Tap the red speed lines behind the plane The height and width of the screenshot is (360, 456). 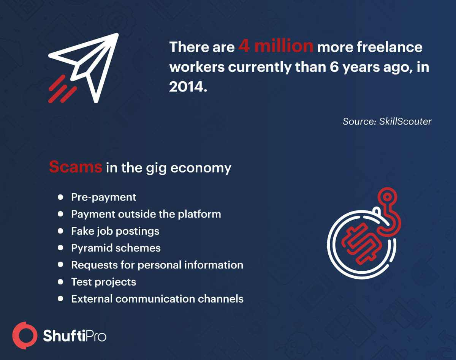click(62, 89)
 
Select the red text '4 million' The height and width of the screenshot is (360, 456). click(275, 46)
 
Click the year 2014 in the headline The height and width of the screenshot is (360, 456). click(187, 87)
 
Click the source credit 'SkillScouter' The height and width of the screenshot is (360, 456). click(405, 122)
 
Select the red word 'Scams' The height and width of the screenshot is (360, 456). click(76, 167)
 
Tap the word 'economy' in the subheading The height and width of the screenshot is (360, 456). click(201, 169)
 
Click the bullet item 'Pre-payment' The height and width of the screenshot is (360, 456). click(104, 197)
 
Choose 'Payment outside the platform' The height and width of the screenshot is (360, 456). click(146, 214)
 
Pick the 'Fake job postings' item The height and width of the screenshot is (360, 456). click(115, 231)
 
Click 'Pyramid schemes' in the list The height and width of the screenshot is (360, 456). click(116, 248)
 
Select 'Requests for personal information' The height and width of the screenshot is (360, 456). click(157, 265)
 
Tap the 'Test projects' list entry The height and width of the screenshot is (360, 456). click(103, 282)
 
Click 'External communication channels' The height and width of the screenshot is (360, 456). click(157, 299)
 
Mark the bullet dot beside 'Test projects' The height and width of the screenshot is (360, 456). click(60, 282)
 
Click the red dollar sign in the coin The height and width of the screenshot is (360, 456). click(362, 244)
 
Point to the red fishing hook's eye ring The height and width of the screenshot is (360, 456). click(387, 197)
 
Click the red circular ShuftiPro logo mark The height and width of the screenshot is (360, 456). click(25, 335)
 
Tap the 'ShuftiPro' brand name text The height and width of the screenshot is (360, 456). click(74, 336)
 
